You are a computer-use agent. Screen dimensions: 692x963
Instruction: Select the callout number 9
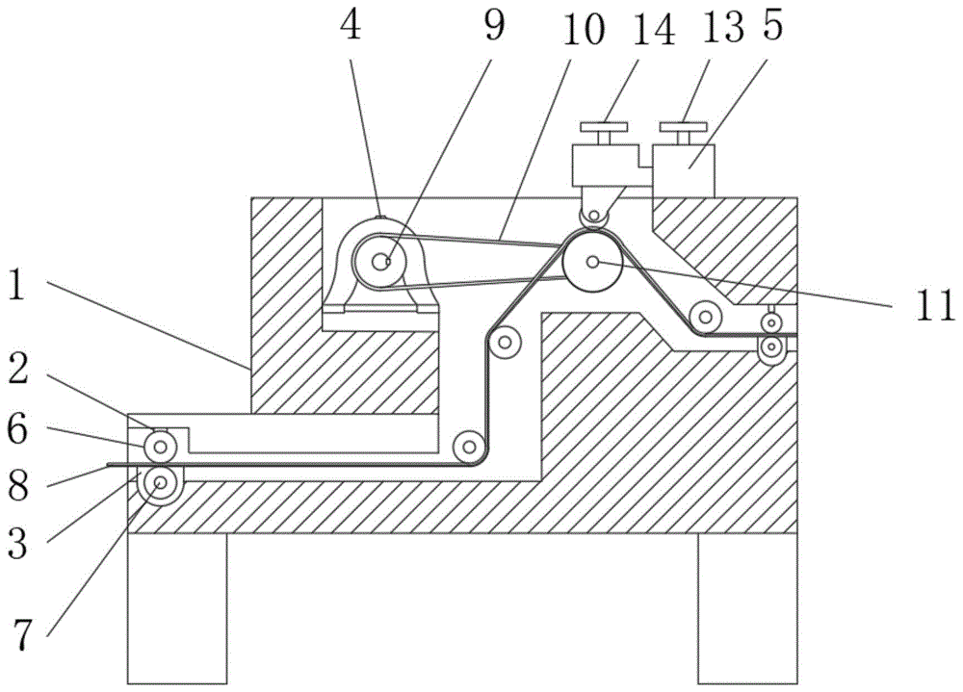point(493,27)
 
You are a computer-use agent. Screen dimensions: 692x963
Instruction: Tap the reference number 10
point(584,30)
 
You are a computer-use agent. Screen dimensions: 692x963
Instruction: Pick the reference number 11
point(934,307)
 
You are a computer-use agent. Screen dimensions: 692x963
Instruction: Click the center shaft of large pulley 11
point(593,261)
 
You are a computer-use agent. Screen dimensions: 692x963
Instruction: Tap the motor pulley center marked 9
point(383,260)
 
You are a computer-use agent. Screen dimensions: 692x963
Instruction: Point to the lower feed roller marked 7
point(159,481)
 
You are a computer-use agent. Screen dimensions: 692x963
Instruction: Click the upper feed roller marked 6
point(159,446)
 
